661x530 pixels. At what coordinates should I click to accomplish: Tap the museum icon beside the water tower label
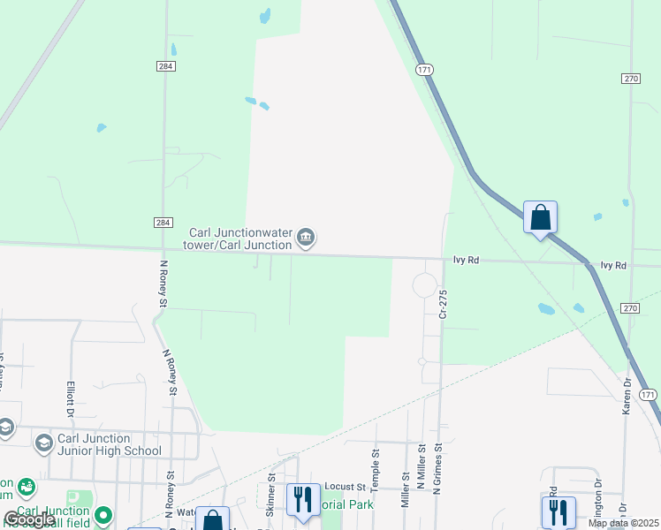tap(306, 237)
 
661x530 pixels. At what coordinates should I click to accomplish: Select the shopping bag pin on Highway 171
tap(540, 217)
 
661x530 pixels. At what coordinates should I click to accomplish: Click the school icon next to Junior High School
tap(43, 443)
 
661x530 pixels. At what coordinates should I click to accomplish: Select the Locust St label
tap(345, 487)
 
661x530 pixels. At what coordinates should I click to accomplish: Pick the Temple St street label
tap(376, 463)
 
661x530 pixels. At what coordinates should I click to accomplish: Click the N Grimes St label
tap(437, 468)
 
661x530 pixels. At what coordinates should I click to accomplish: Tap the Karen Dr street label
tap(627, 393)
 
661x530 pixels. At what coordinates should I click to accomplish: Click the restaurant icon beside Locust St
tap(303, 498)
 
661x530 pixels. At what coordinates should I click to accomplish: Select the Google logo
tap(28, 519)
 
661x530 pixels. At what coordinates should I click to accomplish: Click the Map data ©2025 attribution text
tap(623, 523)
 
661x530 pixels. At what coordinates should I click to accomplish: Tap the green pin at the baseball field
tap(104, 514)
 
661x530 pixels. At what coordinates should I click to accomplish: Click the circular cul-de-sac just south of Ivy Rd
tap(425, 285)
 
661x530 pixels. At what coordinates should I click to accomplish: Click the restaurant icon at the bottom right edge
tap(558, 511)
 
